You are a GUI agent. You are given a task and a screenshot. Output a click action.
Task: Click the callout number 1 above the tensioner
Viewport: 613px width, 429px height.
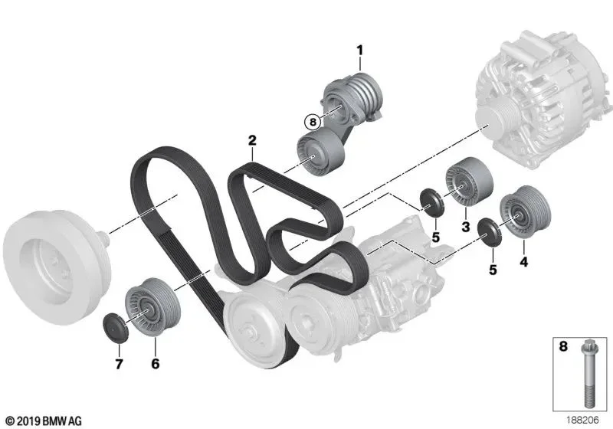(x=359, y=51)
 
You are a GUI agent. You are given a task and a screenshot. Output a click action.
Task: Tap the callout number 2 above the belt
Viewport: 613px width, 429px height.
(x=252, y=140)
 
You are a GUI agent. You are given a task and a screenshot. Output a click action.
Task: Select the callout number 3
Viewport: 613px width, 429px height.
(x=466, y=226)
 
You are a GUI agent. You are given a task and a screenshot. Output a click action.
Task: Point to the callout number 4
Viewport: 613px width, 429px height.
(x=523, y=262)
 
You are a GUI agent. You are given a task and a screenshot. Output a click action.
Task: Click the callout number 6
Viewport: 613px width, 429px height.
(x=156, y=364)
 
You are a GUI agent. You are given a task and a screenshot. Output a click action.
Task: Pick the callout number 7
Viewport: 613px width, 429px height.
(x=119, y=364)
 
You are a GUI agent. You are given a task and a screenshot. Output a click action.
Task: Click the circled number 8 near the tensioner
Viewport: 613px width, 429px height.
(x=313, y=122)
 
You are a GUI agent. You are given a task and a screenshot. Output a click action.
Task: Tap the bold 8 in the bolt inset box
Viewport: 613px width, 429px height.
(x=563, y=346)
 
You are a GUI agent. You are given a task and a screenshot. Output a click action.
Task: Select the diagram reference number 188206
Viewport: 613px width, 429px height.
(x=582, y=420)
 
